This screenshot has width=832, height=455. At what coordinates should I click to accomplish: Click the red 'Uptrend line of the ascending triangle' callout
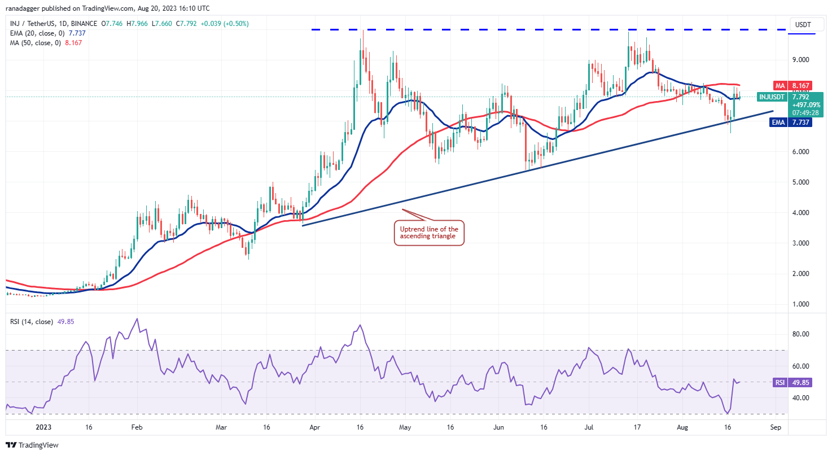(x=428, y=233)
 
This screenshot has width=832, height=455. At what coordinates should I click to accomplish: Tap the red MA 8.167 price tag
(x=790, y=85)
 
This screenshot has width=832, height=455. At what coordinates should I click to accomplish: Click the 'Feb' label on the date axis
(x=137, y=427)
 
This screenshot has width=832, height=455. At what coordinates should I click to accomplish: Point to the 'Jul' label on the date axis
(x=588, y=427)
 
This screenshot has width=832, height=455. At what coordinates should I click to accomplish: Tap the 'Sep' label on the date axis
(x=776, y=427)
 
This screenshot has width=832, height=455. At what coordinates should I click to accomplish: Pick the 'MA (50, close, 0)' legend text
(x=35, y=43)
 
